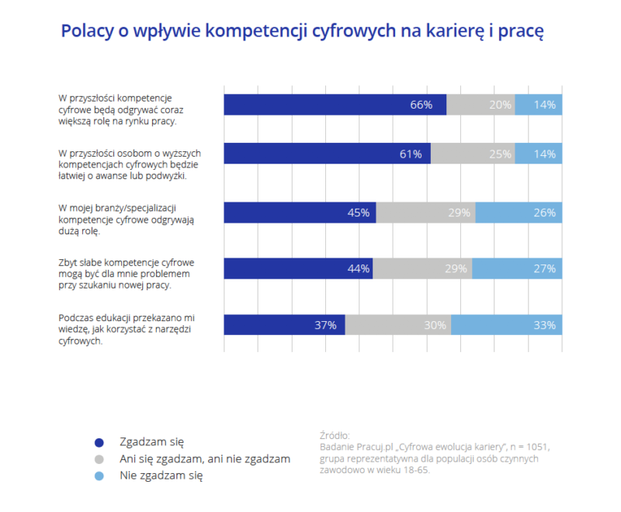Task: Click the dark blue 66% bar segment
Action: click(x=335, y=105)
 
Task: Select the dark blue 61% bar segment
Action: click(x=327, y=154)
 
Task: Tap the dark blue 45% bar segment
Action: click(x=300, y=213)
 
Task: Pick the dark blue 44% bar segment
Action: click(x=298, y=268)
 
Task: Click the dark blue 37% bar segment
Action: click(x=284, y=325)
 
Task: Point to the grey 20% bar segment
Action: click(x=480, y=105)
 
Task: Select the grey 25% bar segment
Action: click(x=473, y=154)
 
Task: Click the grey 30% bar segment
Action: click(x=398, y=325)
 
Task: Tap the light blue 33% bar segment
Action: click(x=506, y=325)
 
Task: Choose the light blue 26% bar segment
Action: click(x=519, y=213)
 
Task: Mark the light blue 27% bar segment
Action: click(x=517, y=268)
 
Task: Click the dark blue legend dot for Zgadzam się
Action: click(x=99, y=442)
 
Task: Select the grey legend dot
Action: click(x=99, y=459)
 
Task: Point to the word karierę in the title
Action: click(x=460, y=31)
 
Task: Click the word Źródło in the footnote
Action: click(x=334, y=435)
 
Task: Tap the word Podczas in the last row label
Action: click(x=76, y=318)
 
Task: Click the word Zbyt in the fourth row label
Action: click(x=69, y=263)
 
